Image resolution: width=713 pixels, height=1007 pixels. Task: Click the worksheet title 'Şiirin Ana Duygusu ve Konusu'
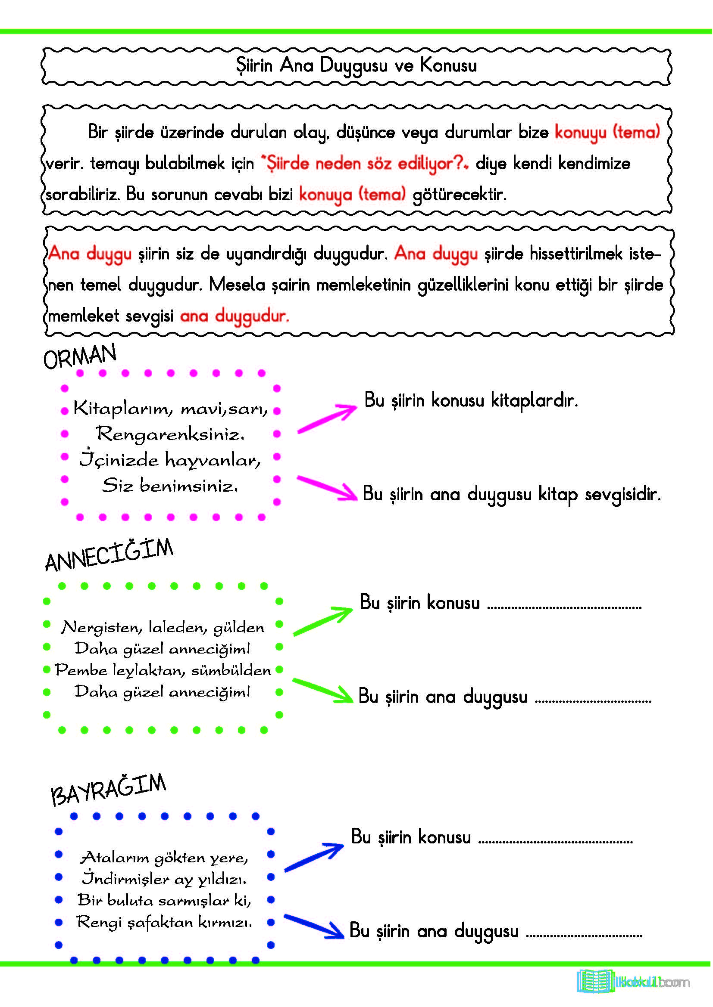pyautogui.click(x=356, y=65)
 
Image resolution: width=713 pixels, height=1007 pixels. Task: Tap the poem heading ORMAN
pyautogui.click(x=80, y=356)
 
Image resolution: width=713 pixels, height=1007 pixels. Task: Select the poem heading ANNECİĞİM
pyautogui.click(x=109, y=555)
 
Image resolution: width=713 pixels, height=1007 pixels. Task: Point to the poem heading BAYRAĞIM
pyautogui.click(x=109, y=790)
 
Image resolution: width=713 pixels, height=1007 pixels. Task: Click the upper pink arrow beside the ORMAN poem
pyautogui.click(x=327, y=418)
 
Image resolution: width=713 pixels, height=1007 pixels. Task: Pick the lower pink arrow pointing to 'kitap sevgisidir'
pyautogui.click(x=328, y=488)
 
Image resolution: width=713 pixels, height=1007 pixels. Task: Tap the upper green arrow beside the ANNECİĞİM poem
pyautogui.click(x=323, y=621)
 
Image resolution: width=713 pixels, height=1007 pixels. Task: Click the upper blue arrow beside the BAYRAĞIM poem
pyautogui.click(x=314, y=857)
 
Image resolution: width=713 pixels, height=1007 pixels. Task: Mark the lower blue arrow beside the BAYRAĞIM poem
pyautogui.click(x=314, y=926)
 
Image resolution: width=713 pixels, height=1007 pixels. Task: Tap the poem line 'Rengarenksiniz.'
pyautogui.click(x=170, y=434)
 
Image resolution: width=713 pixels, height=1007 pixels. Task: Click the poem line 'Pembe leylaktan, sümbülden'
pyautogui.click(x=163, y=670)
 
